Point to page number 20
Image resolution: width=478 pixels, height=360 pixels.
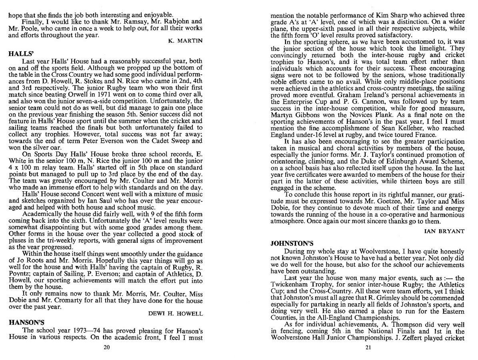tap(106, 347)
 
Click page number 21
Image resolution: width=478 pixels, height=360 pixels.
tap(368, 347)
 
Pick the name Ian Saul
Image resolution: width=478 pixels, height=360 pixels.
tap(96, 201)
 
